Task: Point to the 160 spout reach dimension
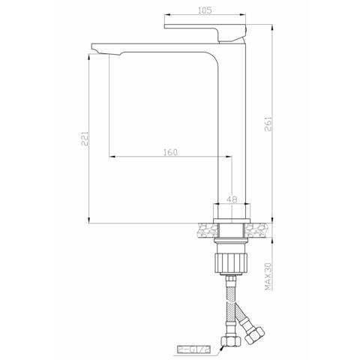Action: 169,152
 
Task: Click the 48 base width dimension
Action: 232,199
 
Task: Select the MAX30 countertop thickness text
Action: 268,275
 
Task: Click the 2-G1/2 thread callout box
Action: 193,349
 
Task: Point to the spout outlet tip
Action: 97,50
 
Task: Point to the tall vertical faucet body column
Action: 231,127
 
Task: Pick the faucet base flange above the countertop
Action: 231,213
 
